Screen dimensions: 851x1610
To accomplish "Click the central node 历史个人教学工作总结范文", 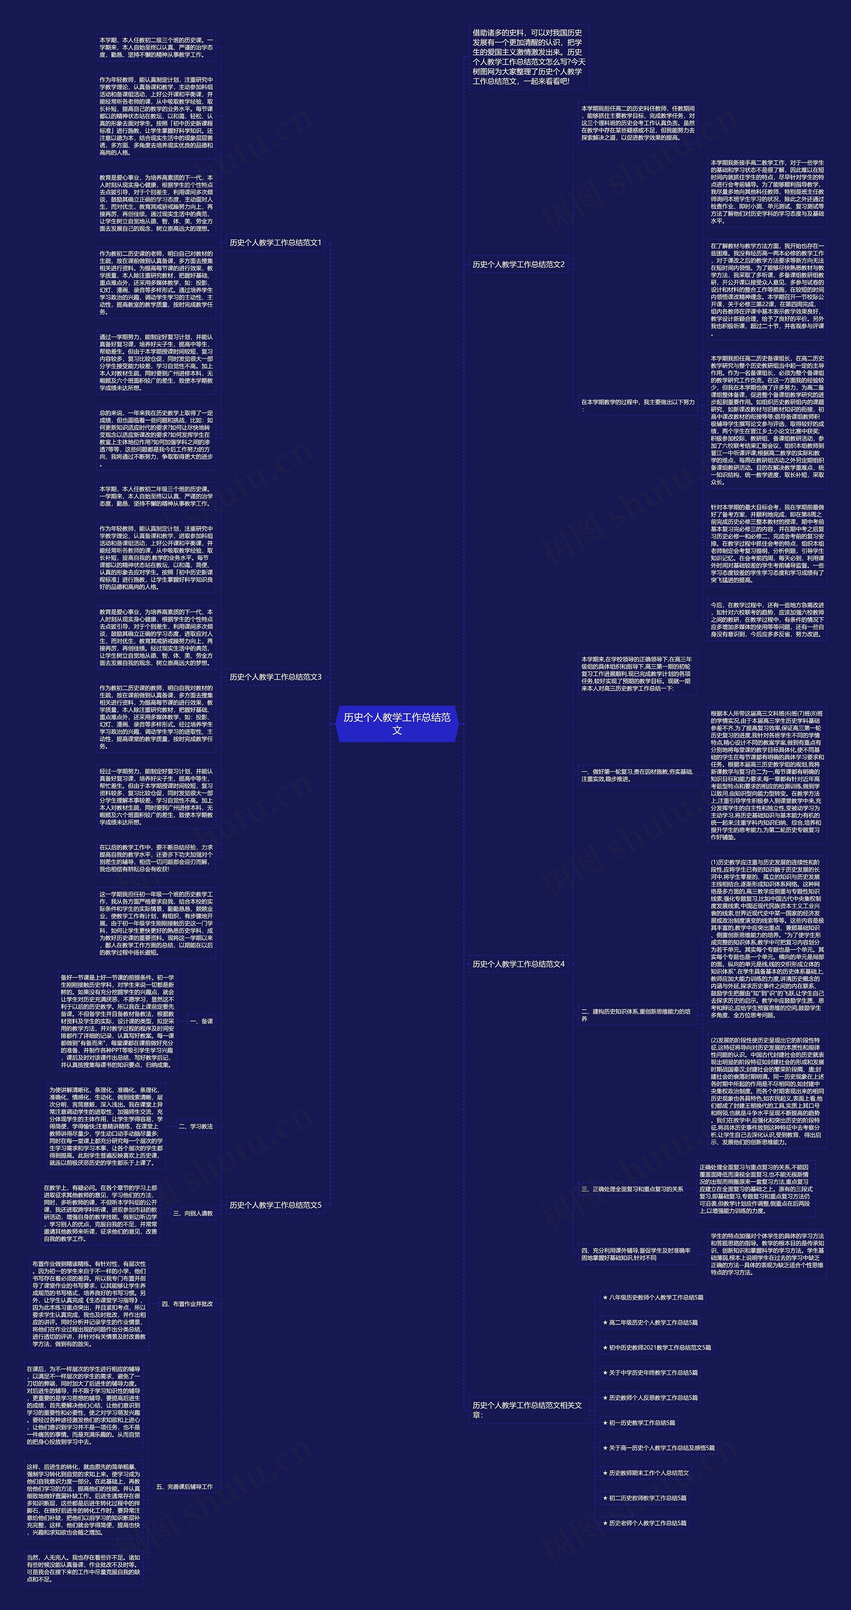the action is [x=397, y=724].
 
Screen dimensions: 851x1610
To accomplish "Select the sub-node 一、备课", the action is [x=201, y=1021].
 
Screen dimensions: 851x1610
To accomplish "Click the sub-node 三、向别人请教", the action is [x=193, y=1213].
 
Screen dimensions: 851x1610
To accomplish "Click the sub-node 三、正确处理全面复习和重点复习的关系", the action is [x=632, y=1189].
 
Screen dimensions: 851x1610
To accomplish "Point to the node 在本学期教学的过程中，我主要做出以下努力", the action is [x=637, y=405].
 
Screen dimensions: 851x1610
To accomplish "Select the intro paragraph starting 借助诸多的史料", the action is [x=528, y=57].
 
